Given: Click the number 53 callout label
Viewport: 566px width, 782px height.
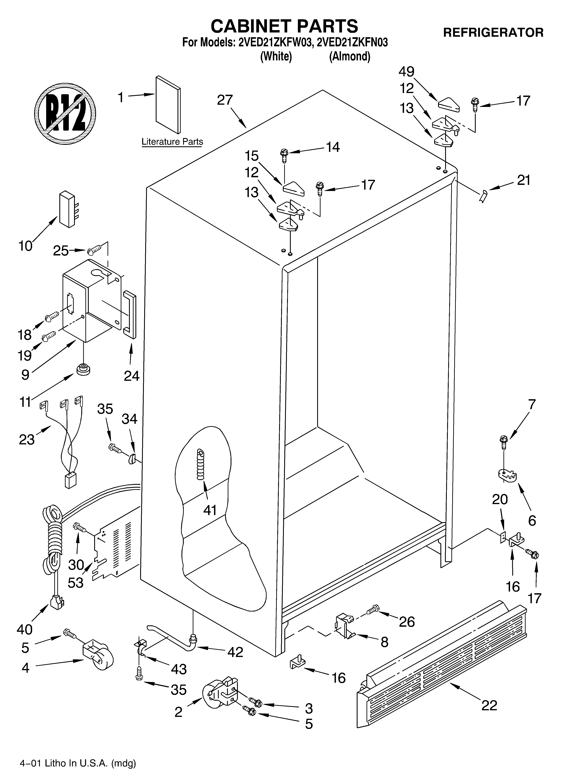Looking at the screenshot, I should tap(76, 583).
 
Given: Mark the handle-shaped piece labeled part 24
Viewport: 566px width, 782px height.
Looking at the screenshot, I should tap(130, 314).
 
